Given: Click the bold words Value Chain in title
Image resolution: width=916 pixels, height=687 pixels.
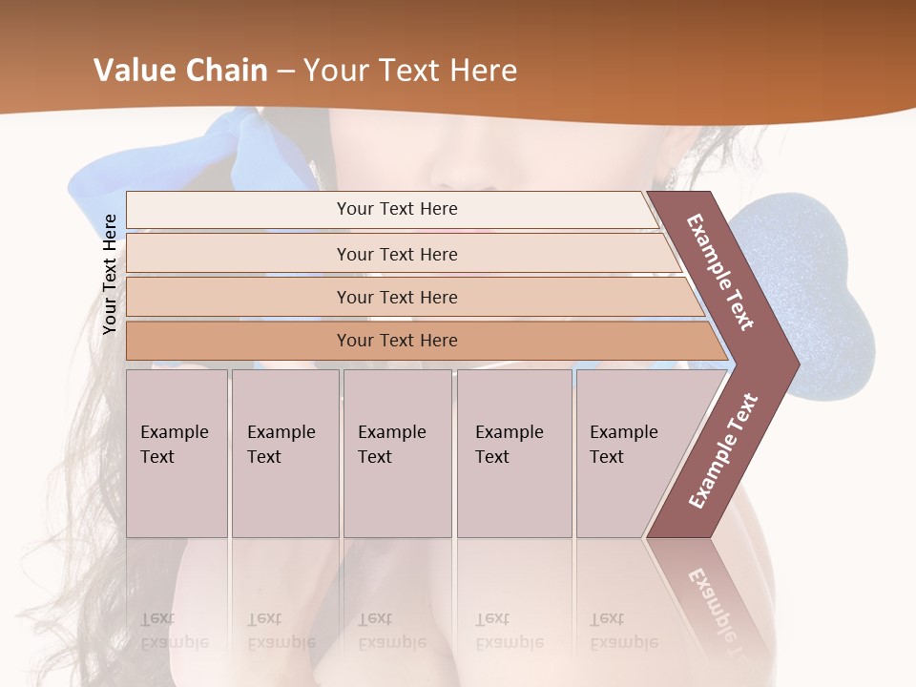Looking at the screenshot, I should [180, 71].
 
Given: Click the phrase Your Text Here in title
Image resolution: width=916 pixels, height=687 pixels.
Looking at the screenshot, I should [410, 71].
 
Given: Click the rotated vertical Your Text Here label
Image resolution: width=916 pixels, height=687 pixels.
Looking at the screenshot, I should [110, 275].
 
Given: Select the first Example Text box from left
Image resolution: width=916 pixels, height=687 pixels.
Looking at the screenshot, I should [177, 452].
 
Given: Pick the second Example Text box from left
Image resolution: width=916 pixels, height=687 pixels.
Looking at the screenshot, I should [284, 452].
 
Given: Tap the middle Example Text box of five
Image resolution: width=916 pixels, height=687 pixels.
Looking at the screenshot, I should [397, 452].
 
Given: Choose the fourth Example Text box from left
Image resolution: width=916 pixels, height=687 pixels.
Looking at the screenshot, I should [513, 452].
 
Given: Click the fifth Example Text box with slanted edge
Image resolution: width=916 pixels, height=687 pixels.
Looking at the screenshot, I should [630, 452].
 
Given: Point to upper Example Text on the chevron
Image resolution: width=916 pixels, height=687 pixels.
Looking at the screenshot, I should [720, 272].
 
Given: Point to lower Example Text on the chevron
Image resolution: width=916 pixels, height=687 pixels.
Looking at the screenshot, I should [722, 450].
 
